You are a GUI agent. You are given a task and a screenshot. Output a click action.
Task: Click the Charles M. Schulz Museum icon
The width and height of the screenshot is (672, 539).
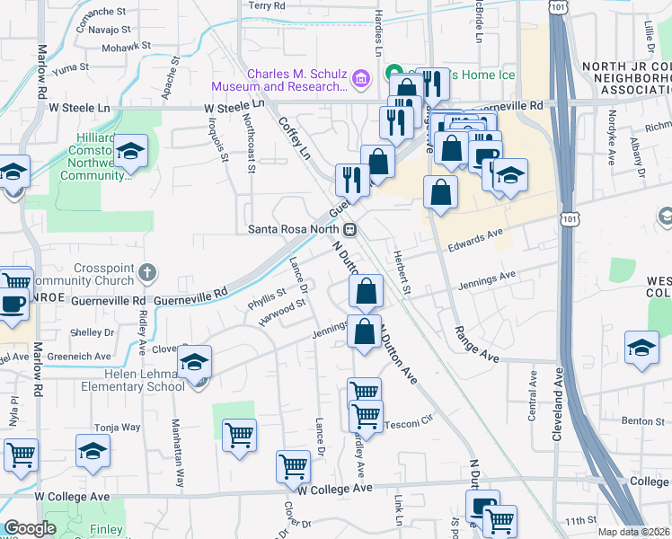(x=361, y=80)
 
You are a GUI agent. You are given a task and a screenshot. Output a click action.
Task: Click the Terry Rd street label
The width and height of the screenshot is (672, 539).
(x=267, y=5)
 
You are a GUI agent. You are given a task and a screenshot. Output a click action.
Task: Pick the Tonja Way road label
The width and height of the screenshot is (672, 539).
(x=118, y=428)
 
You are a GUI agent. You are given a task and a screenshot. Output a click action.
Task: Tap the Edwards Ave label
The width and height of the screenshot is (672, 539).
(x=476, y=238)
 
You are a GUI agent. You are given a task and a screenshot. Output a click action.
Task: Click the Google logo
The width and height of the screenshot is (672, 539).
(x=30, y=529)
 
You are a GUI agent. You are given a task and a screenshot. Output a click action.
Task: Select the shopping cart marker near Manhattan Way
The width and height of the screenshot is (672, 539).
(x=239, y=435)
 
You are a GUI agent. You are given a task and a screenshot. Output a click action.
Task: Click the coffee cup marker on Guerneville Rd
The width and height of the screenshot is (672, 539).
(x=13, y=302)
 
